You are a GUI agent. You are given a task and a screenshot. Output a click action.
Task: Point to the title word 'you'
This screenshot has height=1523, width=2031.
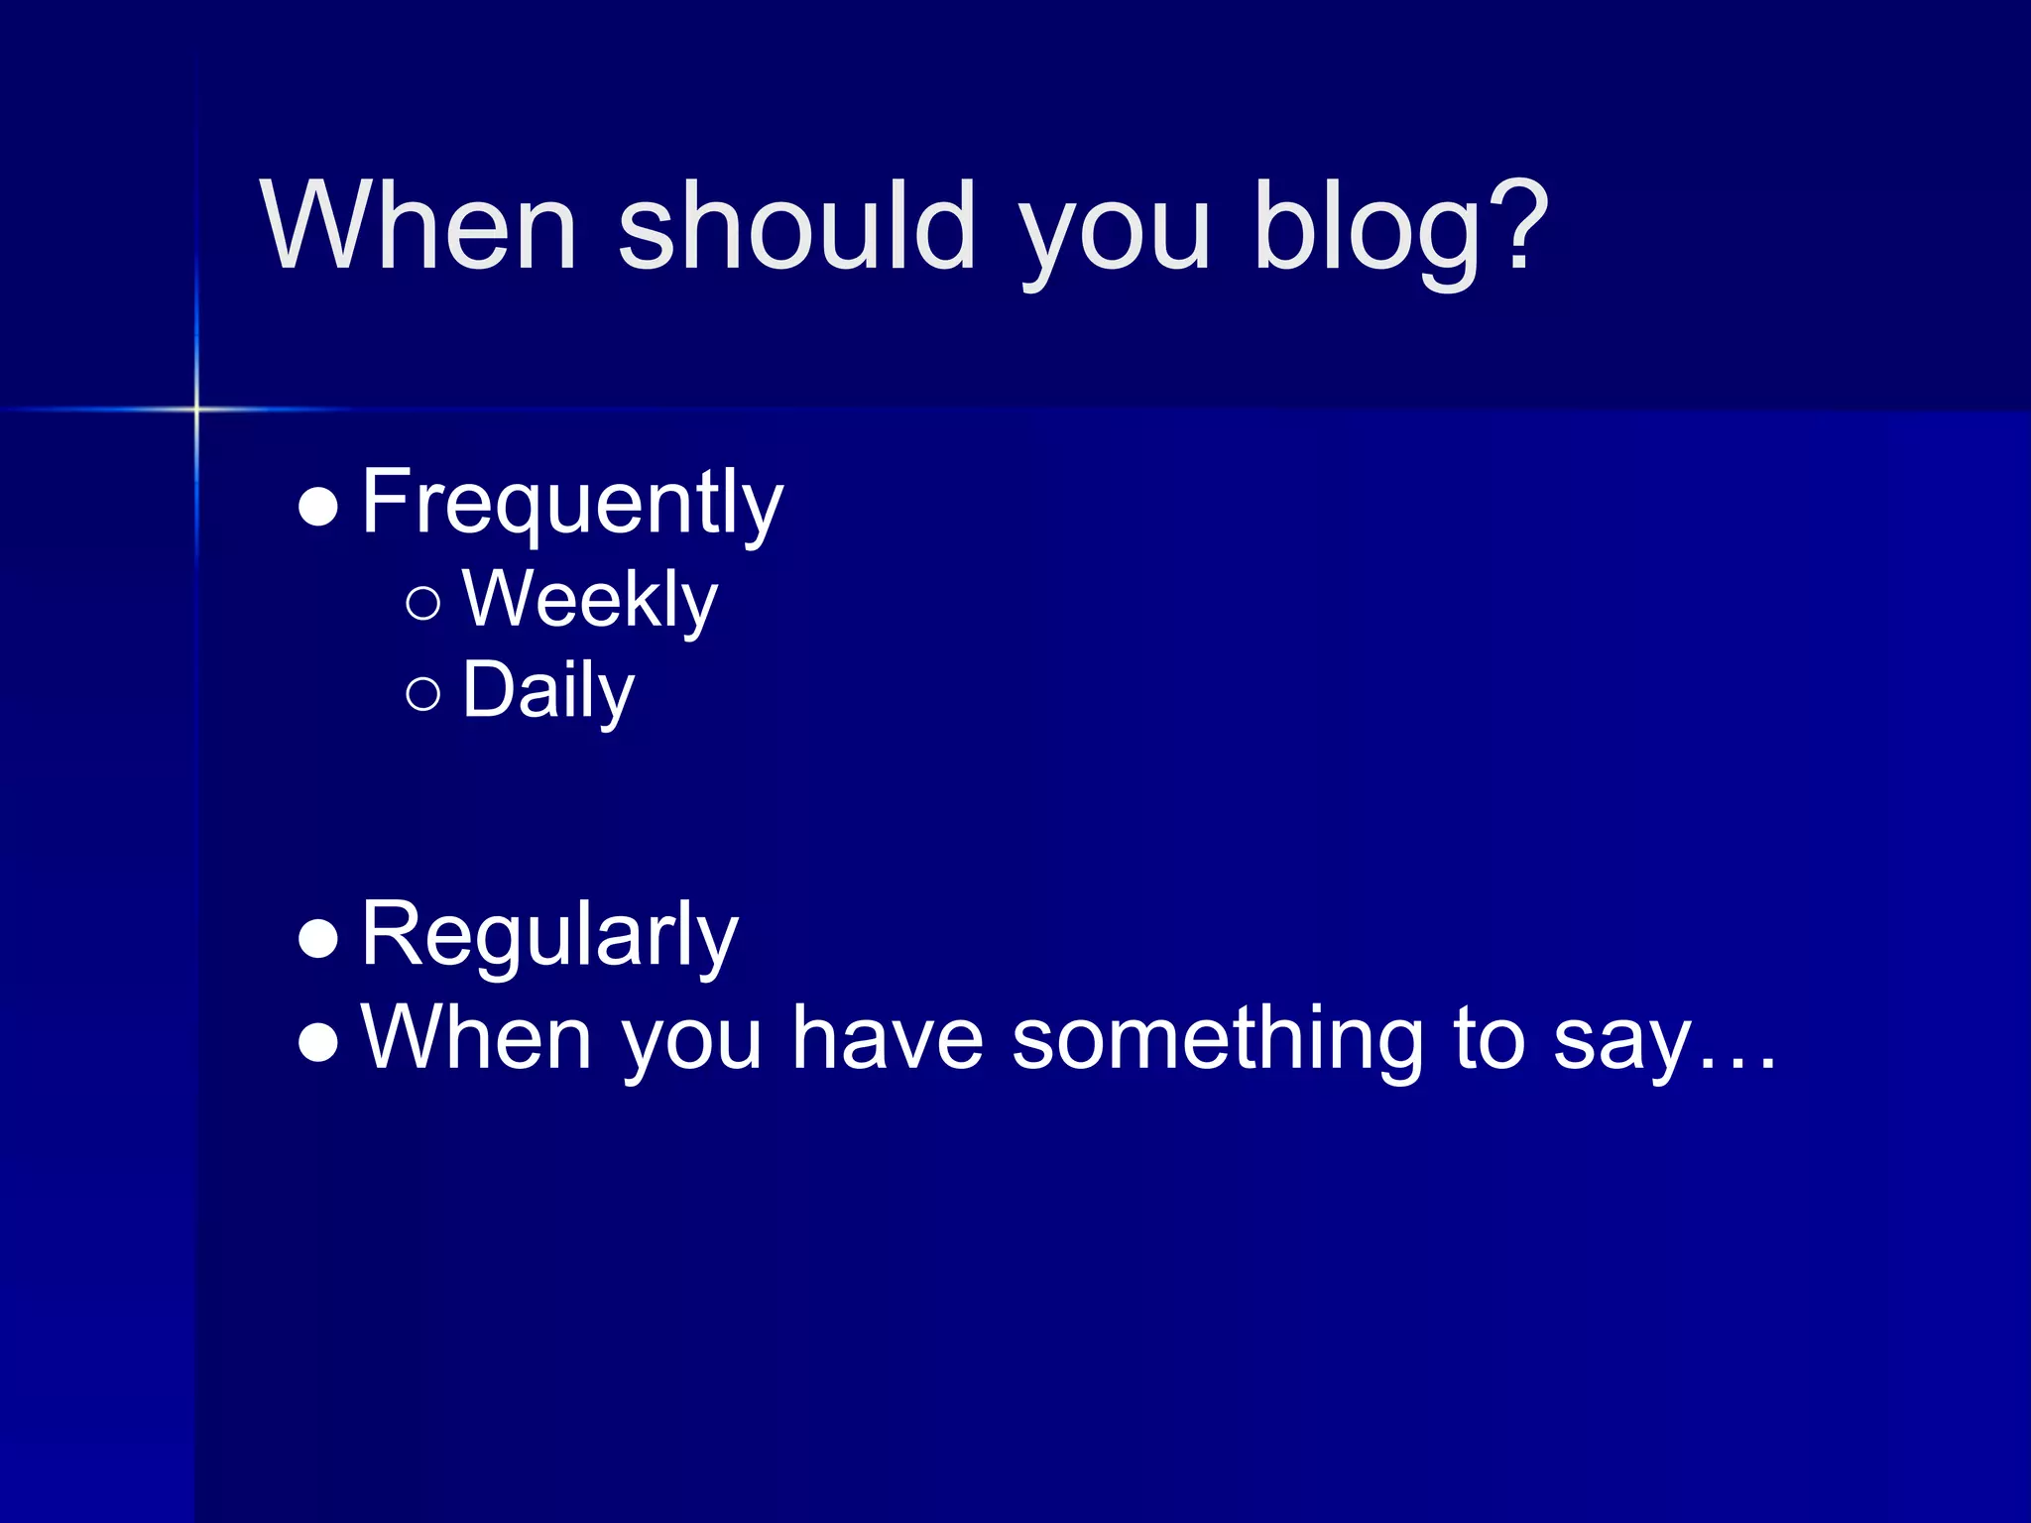(x=1115, y=238)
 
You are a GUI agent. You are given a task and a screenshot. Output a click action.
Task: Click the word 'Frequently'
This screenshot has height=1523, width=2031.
(x=572, y=504)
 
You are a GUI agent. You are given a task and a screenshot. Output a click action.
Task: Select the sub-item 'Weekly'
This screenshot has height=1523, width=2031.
(x=589, y=600)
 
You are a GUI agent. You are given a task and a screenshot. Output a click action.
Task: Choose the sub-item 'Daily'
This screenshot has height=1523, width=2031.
(x=547, y=691)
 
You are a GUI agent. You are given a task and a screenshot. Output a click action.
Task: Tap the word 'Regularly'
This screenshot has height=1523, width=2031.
(x=549, y=934)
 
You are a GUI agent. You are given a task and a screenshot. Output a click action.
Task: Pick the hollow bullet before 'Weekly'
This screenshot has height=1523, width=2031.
(x=423, y=603)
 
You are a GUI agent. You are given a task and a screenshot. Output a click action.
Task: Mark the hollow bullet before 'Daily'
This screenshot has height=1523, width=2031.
(x=423, y=694)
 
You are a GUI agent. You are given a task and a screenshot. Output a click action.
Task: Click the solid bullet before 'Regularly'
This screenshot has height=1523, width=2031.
(x=318, y=938)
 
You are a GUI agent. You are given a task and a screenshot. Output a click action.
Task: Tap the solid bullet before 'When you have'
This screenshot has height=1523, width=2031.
(x=318, y=1042)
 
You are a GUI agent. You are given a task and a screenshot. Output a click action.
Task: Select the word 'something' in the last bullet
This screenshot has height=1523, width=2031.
(x=1218, y=1040)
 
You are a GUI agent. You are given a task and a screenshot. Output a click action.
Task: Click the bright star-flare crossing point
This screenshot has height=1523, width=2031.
(x=196, y=409)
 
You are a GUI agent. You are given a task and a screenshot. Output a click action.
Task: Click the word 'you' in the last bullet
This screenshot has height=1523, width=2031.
(x=691, y=1046)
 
